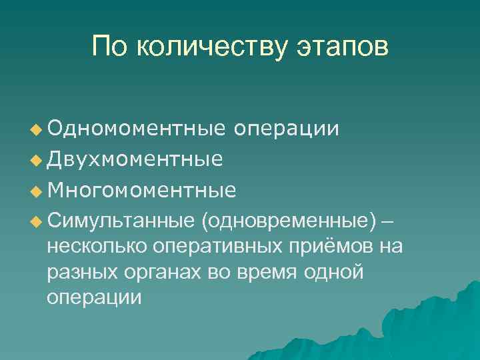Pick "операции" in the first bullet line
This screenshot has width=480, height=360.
(x=287, y=127)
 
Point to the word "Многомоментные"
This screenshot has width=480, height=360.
(x=141, y=191)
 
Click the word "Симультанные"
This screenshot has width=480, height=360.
(x=121, y=221)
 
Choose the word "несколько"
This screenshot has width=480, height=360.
(x=98, y=246)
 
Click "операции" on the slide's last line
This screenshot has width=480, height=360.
(x=94, y=297)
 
